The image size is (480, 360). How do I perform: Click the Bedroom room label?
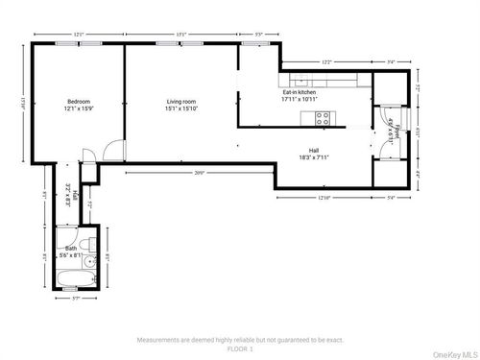[x=79, y=105]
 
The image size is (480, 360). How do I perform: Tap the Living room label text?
[x=181, y=105]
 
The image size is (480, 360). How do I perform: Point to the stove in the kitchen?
[x=324, y=118]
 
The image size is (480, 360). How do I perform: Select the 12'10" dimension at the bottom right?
[x=324, y=198]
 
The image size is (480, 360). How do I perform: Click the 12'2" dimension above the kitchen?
[x=325, y=62]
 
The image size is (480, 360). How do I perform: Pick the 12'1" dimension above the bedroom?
[x=78, y=36]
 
